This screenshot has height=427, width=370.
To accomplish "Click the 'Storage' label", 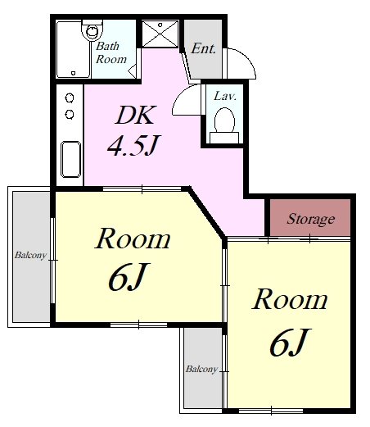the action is click(x=311, y=219).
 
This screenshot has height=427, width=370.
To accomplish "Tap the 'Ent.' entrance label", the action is click(x=204, y=48).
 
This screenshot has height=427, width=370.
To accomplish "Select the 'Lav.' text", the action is click(x=225, y=96).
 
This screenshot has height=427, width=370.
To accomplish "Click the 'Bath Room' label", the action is click(x=111, y=52).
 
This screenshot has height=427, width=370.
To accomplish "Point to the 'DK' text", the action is click(x=136, y=115).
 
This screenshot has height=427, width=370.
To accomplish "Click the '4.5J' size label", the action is click(x=133, y=145).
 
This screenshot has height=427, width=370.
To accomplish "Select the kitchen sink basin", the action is click(x=70, y=159).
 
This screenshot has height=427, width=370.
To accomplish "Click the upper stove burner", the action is click(x=70, y=98).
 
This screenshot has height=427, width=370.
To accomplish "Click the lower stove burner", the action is click(x=70, y=114).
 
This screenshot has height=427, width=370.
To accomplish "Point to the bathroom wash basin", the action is click(x=92, y=30).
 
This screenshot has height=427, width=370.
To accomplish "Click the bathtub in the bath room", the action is click(x=73, y=50).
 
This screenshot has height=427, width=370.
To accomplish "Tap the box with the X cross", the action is click(x=160, y=34).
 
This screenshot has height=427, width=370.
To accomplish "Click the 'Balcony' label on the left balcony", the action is click(x=30, y=256).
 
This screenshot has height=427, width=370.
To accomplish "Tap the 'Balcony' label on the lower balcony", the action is click(x=201, y=370).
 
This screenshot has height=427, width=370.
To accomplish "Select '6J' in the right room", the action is click(x=291, y=342).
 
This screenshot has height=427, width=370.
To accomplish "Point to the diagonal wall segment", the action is click(x=207, y=212).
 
